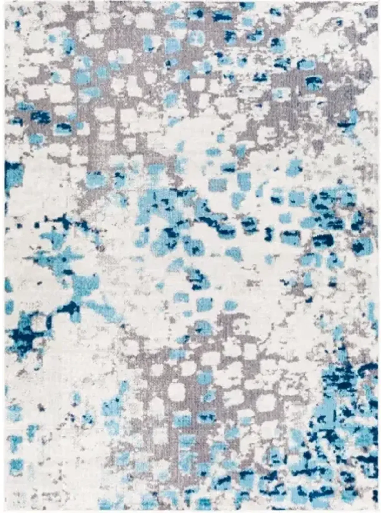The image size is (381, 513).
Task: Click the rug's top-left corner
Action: [5, 2]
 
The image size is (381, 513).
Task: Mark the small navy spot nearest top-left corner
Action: [17, 24]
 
